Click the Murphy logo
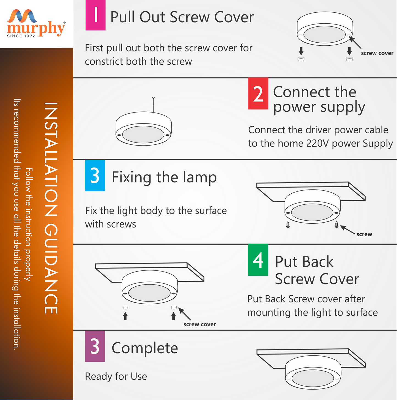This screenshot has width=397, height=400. tap(36, 23)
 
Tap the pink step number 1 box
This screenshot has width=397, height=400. tap(95, 15)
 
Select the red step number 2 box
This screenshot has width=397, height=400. tap(258, 94)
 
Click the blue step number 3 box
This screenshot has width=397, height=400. tap(95, 176)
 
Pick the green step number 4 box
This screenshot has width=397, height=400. tap(258, 260)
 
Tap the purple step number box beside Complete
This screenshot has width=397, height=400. tap(95, 346)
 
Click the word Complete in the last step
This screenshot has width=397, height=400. tap(145, 348)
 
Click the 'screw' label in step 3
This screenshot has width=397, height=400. tap(364, 234)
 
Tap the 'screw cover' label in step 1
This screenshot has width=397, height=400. tap(377, 53)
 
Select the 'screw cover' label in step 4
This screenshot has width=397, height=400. tap(199, 324)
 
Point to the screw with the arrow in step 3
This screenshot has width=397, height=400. tap(337, 224)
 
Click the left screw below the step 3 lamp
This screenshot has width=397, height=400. tap(288, 224)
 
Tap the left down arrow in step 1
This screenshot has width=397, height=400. tap(301, 51)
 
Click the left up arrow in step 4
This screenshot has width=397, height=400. tap(125, 316)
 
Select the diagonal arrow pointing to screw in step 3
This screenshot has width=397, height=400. tap(348, 230)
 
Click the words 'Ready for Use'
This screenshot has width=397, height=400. tap(116, 376)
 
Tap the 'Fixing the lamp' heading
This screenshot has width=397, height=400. tap(164, 177)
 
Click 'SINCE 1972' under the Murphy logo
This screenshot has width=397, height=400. tap(21, 36)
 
